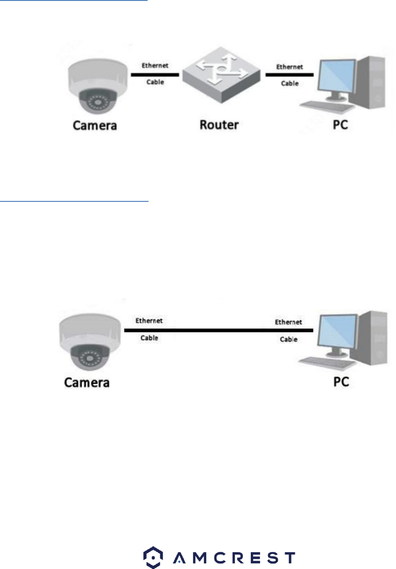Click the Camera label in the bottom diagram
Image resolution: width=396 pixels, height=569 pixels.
tap(87, 382)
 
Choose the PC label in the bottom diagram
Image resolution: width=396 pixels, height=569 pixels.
tap(341, 382)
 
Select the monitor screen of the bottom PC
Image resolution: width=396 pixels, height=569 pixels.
tap(336, 331)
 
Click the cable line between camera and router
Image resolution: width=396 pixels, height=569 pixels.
tap(155, 74)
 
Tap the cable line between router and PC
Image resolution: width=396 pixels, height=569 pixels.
tap(290, 74)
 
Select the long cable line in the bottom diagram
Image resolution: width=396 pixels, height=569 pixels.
tap(218, 330)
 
